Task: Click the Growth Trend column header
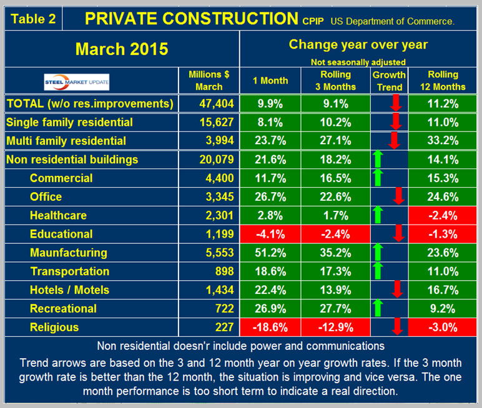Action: point(390,81)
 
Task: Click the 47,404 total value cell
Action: point(212,103)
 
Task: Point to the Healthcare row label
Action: point(58,215)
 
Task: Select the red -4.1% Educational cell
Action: point(270,234)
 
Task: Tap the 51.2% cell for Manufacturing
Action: point(270,253)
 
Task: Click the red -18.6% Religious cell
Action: point(270,327)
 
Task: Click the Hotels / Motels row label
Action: point(69,289)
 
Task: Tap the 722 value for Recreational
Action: point(224,308)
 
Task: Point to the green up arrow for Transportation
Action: point(378,271)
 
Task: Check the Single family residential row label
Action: point(69,122)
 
